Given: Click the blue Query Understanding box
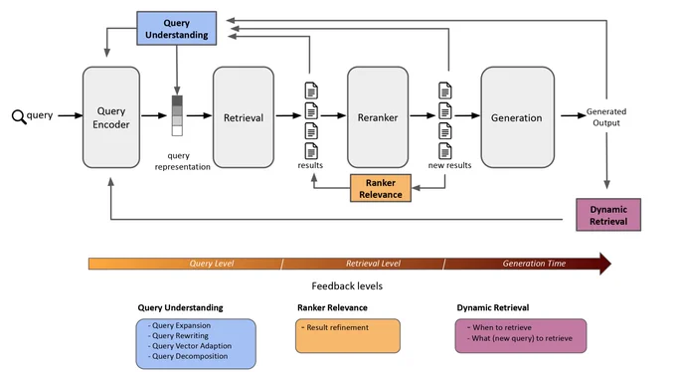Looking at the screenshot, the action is pyautogui.click(x=176, y=29).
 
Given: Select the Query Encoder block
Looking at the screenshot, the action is pyautogui.click(x=111, y=117).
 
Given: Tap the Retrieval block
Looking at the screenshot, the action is pyautogui.click(x=244, y=117).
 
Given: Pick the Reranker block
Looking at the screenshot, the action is pyautogui.click(x=378, y=117).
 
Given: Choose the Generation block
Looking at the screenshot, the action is pyautogui.click(x=517, y=117).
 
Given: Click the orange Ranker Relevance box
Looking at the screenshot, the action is pyautogui.click(x=381, y=188).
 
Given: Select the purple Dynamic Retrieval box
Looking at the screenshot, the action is pyautogui.click(x=608, y=215).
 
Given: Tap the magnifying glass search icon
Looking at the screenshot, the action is pyautogui.click(x=19, y=117).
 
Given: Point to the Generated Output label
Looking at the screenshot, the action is pyautogui.click(x=606, y=117).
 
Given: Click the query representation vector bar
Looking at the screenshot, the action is pyautogui.click(x=177, y=115).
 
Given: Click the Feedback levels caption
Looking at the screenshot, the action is pyautogui.click(x=347, y=286).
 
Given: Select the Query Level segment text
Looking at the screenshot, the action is pyautogui.click(x=212, y=264).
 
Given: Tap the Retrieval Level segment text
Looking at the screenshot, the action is pyautogui.click(x=374, y=264).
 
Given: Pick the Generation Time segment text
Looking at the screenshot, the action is pyautogui.click(x=534, y=264).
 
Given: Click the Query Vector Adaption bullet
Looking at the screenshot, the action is pyautogui.click(x=190, y=346).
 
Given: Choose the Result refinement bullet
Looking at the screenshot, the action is pyautogui.click(x=335, y=327).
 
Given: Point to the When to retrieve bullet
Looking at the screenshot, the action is pyautogui.click(x=499, y=327).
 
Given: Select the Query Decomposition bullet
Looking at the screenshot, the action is pyautogui.click(x=188, y=356).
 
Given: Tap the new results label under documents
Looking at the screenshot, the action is pyautogui.click(x=449, y=165).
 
